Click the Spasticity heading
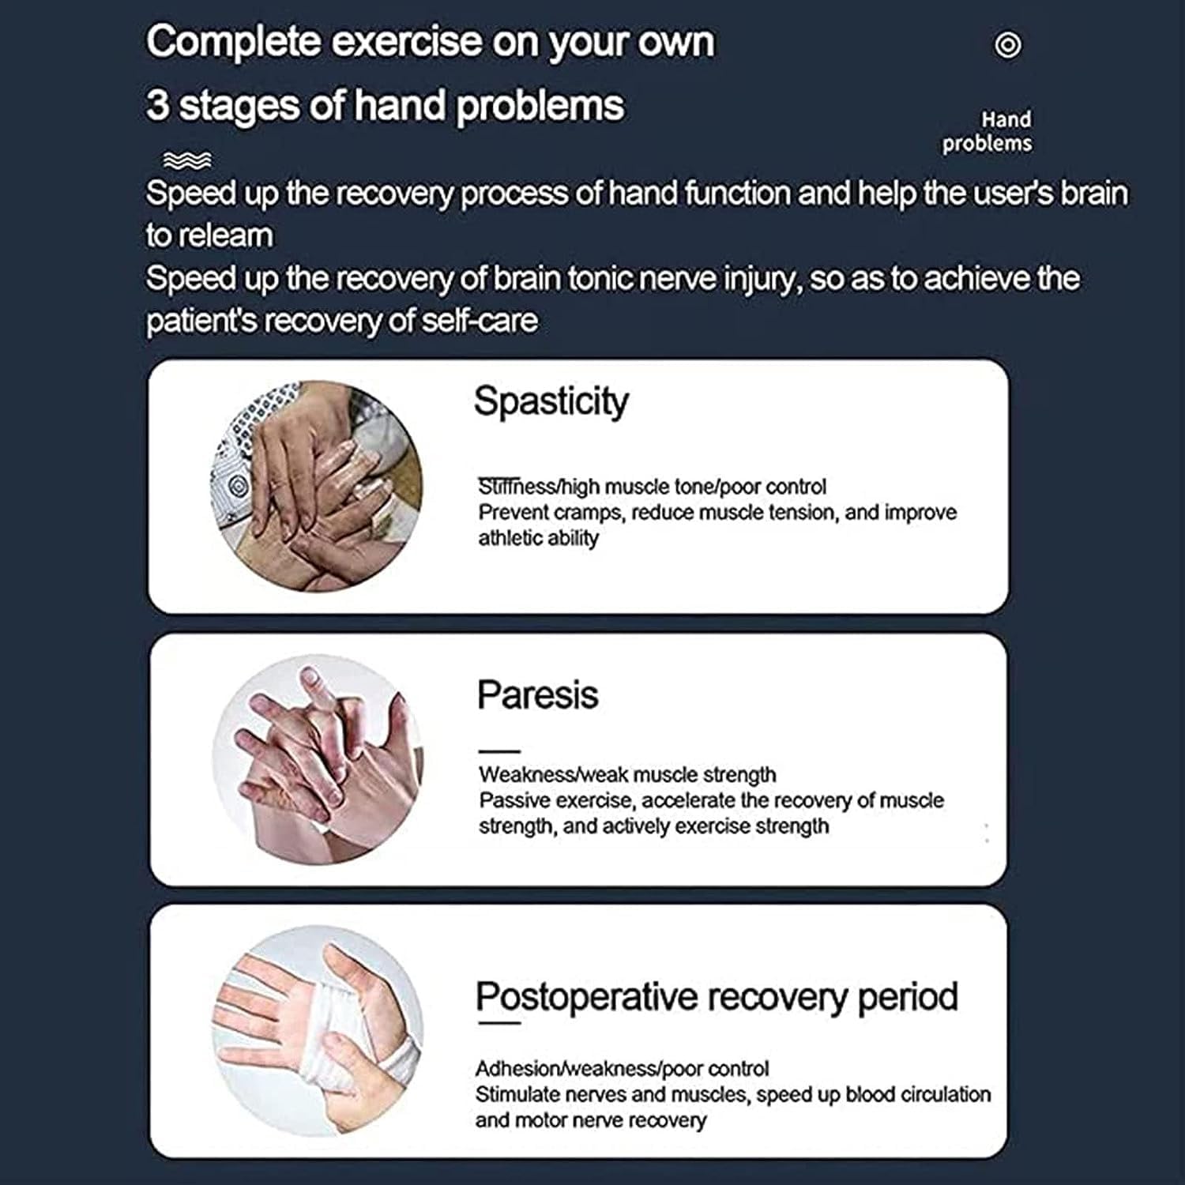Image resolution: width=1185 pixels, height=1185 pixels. click(551, 402)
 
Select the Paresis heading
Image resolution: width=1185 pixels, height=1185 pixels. click(537, 695)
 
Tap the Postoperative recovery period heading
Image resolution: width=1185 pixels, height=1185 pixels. click(717, 997)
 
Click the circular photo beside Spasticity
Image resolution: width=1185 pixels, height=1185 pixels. click(316, 487)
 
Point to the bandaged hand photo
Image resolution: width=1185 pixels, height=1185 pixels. click(318, 1031)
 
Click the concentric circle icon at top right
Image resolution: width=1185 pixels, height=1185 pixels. click(1007, 45)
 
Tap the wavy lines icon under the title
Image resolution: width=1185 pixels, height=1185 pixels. click(187, 160)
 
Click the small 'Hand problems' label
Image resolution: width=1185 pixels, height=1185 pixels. click(987, 131)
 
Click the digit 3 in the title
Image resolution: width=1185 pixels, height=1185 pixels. click(157, 106)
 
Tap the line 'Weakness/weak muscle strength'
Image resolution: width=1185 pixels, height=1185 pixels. click(627, 774)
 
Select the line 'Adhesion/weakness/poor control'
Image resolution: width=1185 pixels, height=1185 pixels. click(622, 1069)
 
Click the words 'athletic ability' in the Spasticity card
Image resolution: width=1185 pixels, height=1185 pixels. click(538, 538)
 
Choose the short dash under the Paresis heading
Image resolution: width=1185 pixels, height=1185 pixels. click(499, 751)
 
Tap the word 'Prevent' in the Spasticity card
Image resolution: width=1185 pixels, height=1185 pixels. click(513, 513)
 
